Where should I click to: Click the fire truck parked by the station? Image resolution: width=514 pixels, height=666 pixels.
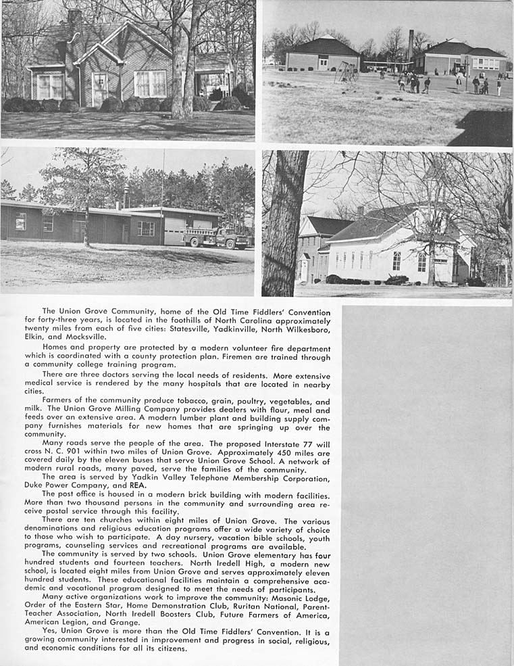coord(215,237)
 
